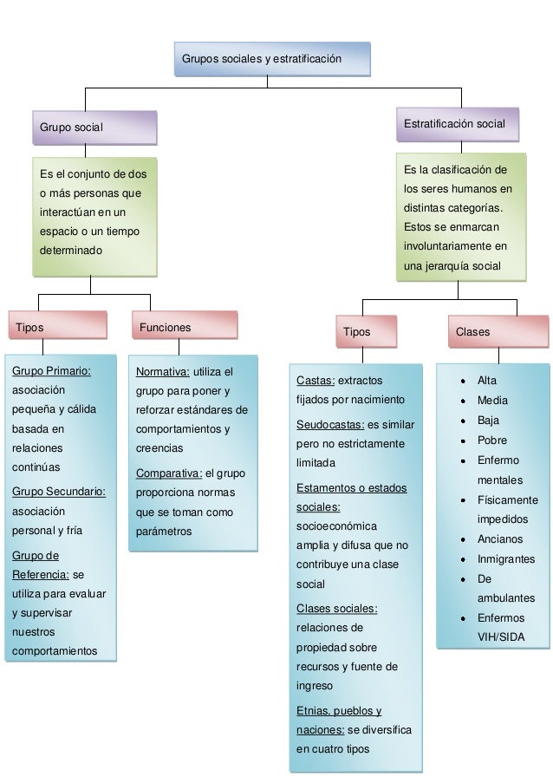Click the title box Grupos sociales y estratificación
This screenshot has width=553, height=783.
[x=272, y=59]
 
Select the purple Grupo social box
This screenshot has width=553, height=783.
[x=94, y=127]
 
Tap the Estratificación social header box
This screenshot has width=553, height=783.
[x=457, y=125]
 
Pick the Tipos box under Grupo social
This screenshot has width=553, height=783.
[x=57, y=328]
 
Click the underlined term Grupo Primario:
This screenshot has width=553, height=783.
[x=51, y=371]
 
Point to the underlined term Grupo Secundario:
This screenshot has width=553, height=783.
[x=59, y=493]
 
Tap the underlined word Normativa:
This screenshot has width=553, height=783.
[x=162, y=372]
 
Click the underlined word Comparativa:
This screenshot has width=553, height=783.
[x=168, y=473]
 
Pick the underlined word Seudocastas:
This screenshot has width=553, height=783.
[x=330, y=424]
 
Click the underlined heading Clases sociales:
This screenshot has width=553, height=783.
[x=336, y=607]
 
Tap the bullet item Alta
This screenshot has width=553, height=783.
[x=487, y=380]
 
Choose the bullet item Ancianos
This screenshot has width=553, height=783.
[x=499, y=538]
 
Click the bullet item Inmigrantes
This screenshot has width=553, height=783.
[x=505, y=559]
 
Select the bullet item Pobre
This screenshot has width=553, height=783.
[x=491, y=440]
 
